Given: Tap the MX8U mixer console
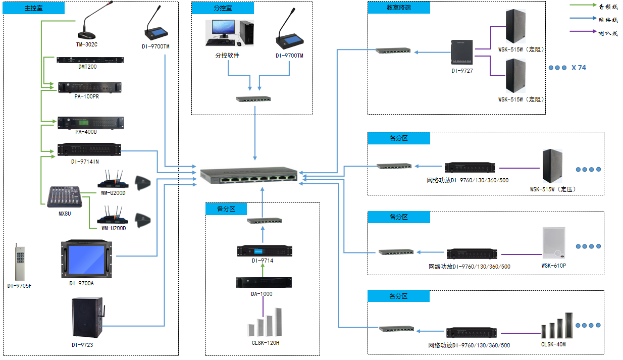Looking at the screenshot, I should tap(65, 197).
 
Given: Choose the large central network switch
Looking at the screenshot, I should tap(249, 175).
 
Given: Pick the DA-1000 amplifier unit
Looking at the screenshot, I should tap(263, 282).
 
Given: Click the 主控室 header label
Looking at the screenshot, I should tap(34, 8).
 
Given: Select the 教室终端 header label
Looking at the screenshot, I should tap(398, 8).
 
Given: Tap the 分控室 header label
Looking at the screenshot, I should tap(223, 8).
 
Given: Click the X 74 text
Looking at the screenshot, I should tap(579, 68).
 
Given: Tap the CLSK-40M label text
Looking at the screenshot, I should tap(553, 344).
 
